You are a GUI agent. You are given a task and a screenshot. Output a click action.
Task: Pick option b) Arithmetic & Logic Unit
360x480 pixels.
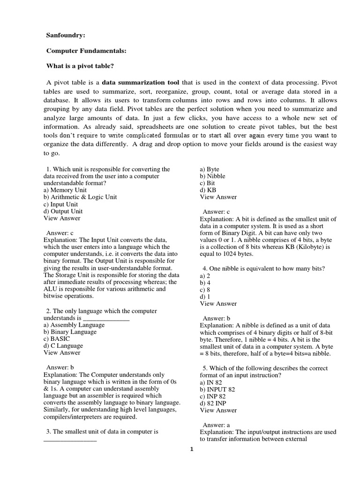pyautogui.click(x=80, y=197)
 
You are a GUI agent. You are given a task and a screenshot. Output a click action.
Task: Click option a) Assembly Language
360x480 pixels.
pyautogui.click(x=70, y=325)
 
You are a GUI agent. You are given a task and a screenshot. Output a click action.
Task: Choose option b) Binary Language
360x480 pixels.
pyautogui.click(x=69, y=332)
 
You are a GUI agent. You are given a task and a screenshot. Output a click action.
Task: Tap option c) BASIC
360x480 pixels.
pyautogui.click(x=57, y=339)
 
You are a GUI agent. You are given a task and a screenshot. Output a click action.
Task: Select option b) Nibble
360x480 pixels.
pyautogui.click(x=212, y=176)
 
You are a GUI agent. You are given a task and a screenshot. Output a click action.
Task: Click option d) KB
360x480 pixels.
pyautogui.click(x=208, y=190)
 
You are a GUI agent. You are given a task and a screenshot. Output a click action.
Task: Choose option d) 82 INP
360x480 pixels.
pyautogui.click(x=213, y=403)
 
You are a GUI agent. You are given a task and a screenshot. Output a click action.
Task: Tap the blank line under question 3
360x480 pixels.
pyautogui.click(x=70, y=439)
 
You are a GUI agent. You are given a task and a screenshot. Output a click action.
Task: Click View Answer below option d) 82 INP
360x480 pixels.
pyautogui.click(x=218, y=410)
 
